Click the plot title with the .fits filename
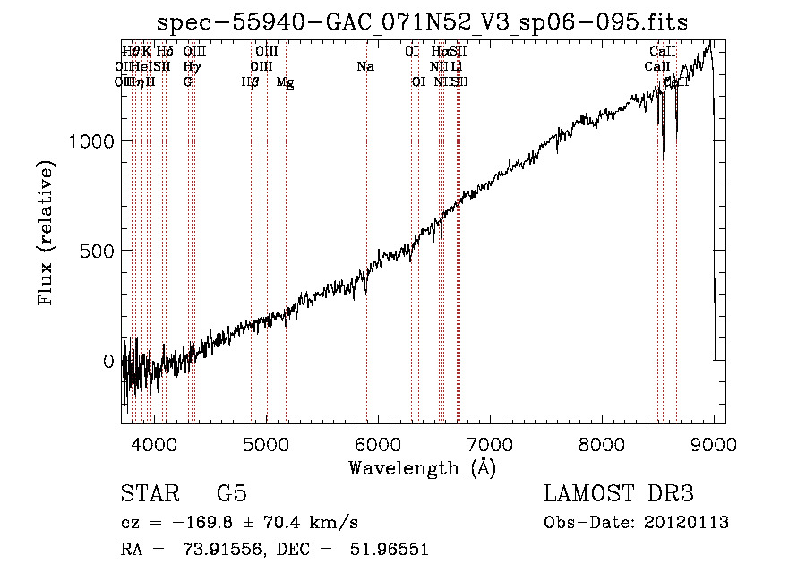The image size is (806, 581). pyautogui.click(x=423, y=23)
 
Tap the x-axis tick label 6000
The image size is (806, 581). pyautogui.click(x=378, y=444)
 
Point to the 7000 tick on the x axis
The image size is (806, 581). pyautogui.click(x=490, y=444)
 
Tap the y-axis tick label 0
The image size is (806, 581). pyautogui.click(x=110, y=361)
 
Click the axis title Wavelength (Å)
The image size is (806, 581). pyautogui.click(x=422, y=467)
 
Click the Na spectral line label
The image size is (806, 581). pyautogui.click(x=365, y=67)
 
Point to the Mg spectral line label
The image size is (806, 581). pyautogui.click(x=285, y=82)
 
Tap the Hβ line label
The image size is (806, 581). pyautogui.click(x=251, y=82)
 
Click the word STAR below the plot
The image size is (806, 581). pyautogui.click(x=149, y=495)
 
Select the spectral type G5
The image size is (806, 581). pyautogui.click(x=231, y=495)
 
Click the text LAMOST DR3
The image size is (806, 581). pyautogui.click(x=619, y=495)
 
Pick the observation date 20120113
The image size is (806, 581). pyautogui.click(x=690, y=523)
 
